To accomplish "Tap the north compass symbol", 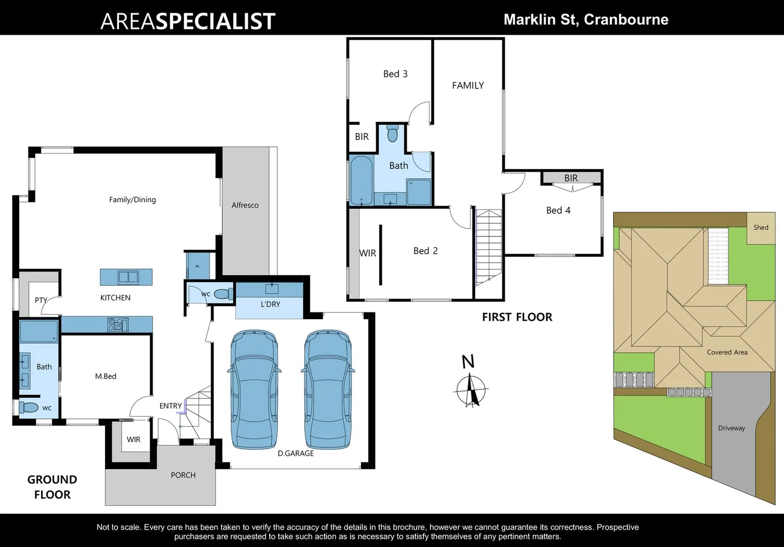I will pos(472,388).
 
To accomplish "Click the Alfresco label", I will pos(245,205).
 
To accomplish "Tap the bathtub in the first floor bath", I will pos(361,181).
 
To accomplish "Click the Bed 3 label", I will pos(395,74).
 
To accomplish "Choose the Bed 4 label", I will pos(558,210).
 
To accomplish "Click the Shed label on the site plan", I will pos(760,227).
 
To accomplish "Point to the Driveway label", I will pos(731,428).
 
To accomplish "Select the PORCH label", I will pos(183,475).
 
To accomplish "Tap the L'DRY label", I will pos(270,304).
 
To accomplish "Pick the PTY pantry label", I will pos(41,300).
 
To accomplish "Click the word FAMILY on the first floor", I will pos(468,86).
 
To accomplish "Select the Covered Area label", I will pos(727,353).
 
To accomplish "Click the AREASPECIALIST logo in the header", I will pos(188,21).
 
